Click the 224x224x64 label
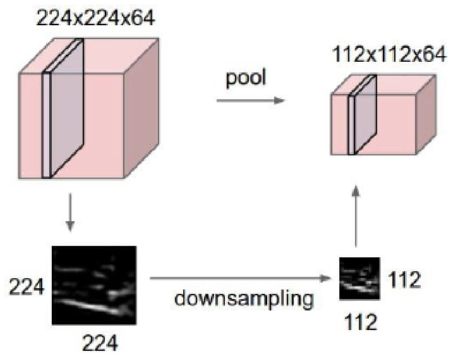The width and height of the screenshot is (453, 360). (x=96, y=19)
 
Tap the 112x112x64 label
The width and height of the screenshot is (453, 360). (x=389, y=55)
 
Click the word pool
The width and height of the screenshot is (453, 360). (x=245, y=78)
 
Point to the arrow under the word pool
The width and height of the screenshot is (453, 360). (x=251, y=101)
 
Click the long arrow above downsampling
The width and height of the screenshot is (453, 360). (x=240, y=278)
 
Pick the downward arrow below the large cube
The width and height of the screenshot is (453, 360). (x=70, y=212)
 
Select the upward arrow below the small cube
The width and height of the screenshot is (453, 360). (x=356, y=216)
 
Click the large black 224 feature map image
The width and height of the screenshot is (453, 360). (x=94, y=285)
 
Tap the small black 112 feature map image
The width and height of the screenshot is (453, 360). (x=359, y=278)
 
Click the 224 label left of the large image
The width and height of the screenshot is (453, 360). (x=26, y=287)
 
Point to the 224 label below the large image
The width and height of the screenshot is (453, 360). (x=100, y=344)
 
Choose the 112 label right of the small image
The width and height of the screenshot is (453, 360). (x=404, y=280)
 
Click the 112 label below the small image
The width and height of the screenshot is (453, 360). (x=361, y=322)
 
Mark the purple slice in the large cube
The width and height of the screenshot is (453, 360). (x=63, y=109)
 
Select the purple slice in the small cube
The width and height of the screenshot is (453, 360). (x=362, y=115)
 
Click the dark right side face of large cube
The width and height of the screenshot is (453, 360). (x=142, y=108)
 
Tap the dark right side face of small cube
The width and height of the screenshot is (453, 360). (x=426, y=114)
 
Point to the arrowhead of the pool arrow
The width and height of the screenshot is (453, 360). (x=279, y=101)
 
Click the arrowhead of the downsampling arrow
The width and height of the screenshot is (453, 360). (x=325, y=278)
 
